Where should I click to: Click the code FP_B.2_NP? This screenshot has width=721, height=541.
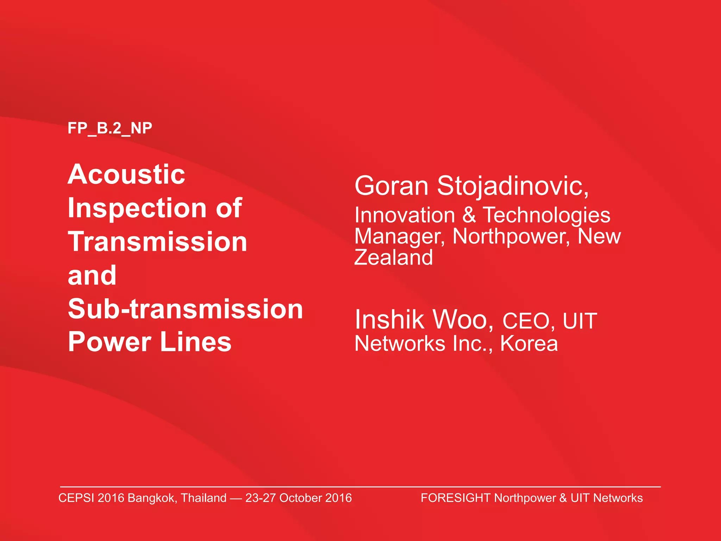pos(110,128)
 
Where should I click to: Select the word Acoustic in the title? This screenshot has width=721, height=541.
pos(126,174)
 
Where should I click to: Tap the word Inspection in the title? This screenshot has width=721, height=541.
pos(137,208)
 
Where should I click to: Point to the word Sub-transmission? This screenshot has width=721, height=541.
pos(186,309)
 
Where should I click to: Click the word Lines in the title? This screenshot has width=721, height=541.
pos(196,342)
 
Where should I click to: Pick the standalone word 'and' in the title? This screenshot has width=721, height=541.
pos(92,275)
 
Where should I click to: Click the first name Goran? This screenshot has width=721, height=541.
pos(391,186)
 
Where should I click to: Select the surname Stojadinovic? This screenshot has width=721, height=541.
pos(512,186)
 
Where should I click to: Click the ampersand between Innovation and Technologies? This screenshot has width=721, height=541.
pos(469,215)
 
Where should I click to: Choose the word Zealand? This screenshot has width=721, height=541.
pos(394,257)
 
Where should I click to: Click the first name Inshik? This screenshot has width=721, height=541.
pos(389,320)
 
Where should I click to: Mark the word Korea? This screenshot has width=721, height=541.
pos(529,343)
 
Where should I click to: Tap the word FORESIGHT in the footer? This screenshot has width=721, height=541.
pos(456,498)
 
